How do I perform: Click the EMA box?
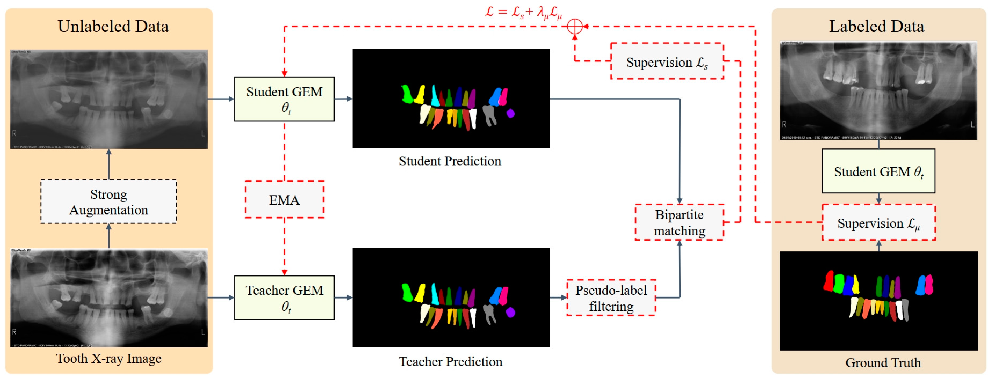(x=284, y=199)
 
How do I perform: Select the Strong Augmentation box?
(x=108, y=201)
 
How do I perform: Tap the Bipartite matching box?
(x=679, y=222)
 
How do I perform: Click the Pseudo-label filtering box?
(x=611, y=298)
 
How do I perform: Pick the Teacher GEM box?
(x=284, y=297)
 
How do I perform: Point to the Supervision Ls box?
(x=667, y=62)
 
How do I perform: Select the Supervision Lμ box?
(x=878, y=223)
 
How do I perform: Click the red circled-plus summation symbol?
(x=575, y=27)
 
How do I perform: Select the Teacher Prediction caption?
(x=450, y=361)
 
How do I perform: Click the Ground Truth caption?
(x=883, y=362)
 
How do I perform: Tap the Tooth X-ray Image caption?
(x=108, y=358)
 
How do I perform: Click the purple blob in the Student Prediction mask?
(x=510, y=113)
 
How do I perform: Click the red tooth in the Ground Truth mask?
(x=828, y=281)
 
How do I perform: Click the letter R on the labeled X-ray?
(x=784, y=124)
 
